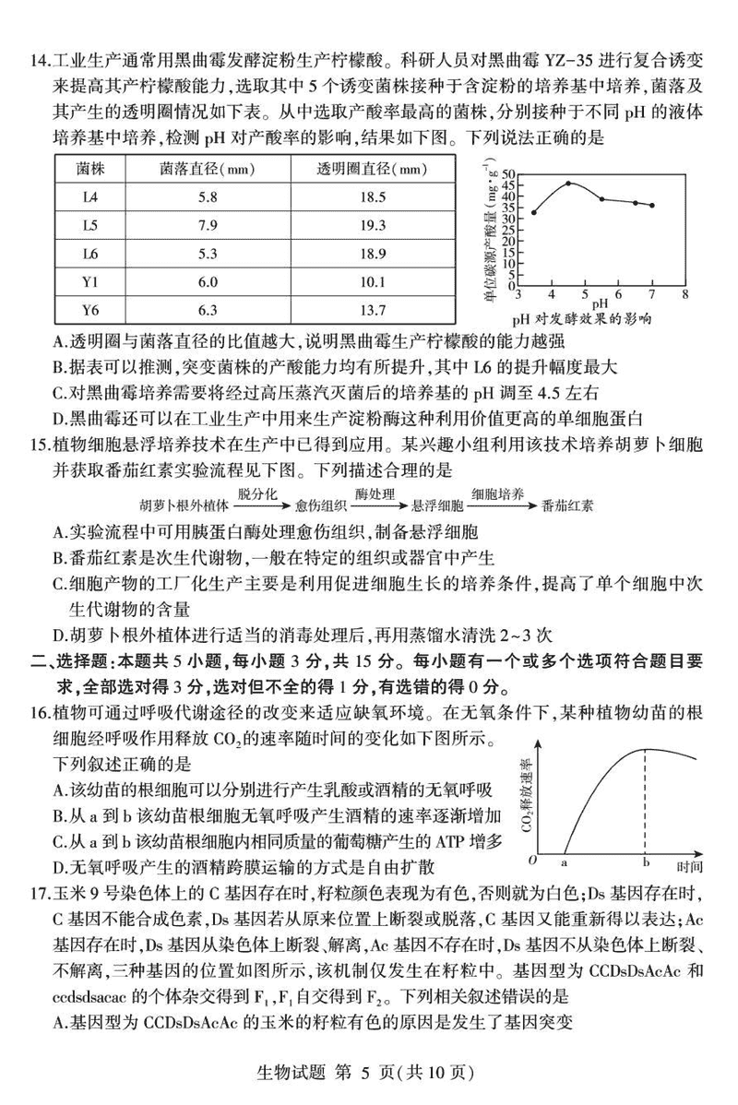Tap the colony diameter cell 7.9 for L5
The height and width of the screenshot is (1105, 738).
click(207, 225)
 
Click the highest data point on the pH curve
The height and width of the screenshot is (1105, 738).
click(568, 184)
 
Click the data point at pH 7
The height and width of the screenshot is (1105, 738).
click(652, 206)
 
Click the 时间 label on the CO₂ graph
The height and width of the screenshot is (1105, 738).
click(689, 866)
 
